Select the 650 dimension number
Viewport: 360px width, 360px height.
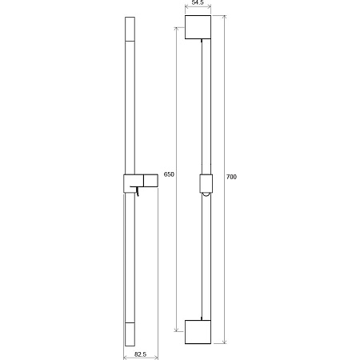click(x=168, y=174)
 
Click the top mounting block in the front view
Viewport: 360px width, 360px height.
click(x=199, y=27)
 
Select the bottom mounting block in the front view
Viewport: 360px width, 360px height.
click(x=199, y=332)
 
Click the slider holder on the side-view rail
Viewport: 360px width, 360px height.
click(x=141, y=180)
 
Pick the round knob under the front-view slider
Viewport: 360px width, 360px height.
click(x=206, y=194)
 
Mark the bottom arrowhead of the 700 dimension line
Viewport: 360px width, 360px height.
click(x=224, y=342)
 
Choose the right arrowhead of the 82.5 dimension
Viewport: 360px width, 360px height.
click(x=157, y=356)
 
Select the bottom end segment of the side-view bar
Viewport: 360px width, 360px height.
click(x=130, y=333)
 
